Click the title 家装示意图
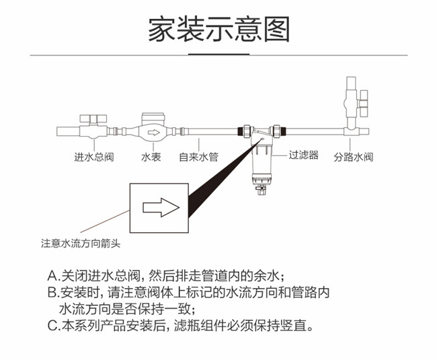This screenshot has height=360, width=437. [218, 28]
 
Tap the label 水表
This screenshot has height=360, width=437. [151, 157]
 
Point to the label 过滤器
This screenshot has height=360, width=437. [303, 155]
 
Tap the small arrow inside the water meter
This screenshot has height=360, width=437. [154, 132]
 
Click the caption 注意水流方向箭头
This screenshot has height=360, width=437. [81, 244]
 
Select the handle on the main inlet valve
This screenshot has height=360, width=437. [93, 118]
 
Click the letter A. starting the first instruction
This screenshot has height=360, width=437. [54, 277]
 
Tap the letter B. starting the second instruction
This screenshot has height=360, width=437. [54, 293]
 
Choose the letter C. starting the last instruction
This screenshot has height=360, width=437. [54, 327]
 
